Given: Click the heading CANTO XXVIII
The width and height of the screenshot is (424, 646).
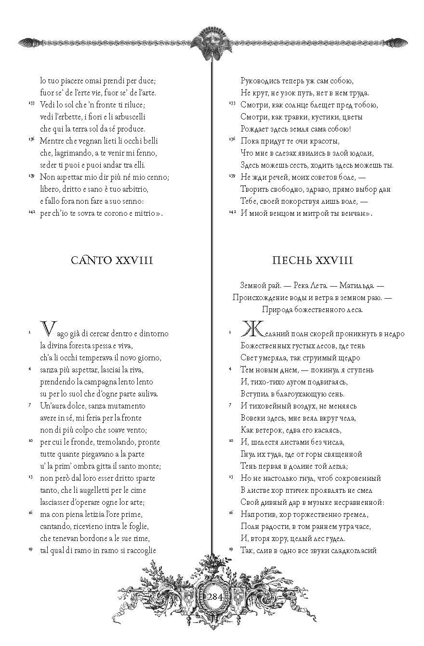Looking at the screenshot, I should pos(112,261).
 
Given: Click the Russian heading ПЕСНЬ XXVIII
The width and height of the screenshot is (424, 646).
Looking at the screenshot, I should pos(312,261).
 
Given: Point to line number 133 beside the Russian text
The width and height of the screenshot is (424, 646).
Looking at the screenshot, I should pos(232,103).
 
